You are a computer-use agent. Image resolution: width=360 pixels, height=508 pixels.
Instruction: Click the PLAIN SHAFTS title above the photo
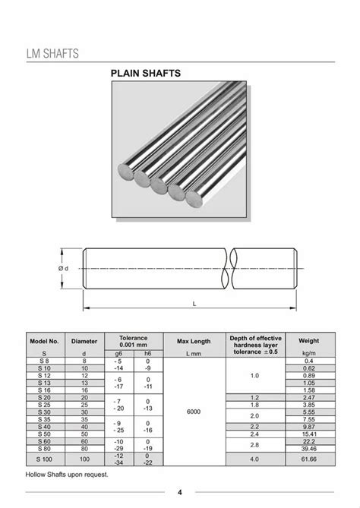(146, 74)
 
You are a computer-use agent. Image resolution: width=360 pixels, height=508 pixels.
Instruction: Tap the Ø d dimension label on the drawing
(63, 268)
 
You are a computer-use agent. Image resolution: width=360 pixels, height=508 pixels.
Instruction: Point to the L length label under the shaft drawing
(194, 304)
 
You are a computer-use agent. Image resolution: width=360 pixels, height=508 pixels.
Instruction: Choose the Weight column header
(308, 342)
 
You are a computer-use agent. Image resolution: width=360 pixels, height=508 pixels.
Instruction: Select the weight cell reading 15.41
(308, 433)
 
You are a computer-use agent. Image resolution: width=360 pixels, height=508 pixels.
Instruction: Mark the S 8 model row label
(44, 361)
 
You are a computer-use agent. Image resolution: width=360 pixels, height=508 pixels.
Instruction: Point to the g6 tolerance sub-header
(118, 354)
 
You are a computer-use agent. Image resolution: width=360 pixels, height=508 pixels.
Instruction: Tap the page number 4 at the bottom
(180, 491)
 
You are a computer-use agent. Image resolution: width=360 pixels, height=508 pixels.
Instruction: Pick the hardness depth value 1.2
(254, 397)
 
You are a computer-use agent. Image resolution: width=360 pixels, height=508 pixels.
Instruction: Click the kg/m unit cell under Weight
(308, 354)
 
